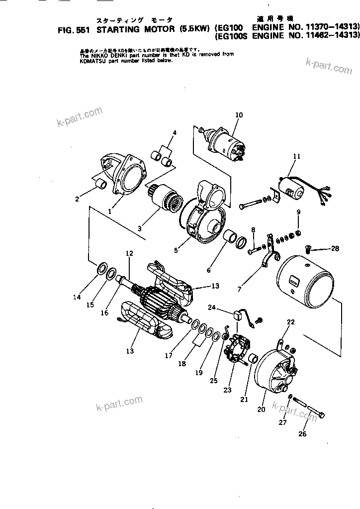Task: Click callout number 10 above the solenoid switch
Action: (x=239, y=115)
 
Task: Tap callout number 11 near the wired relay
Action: (x=297, y=156)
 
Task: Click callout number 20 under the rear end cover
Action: (x=262, y=409)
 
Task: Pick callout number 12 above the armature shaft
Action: (x=129, y=253)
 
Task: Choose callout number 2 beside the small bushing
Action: (x=77, y=200)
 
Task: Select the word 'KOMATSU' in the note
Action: (x=92, y=61)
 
